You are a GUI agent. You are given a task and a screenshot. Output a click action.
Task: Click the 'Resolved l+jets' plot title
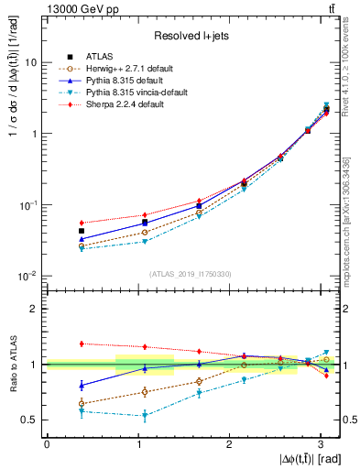pyautogui.click(x=189, y=35)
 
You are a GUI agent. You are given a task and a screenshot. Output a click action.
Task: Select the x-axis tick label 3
pyautogui.click(x=320, y=443)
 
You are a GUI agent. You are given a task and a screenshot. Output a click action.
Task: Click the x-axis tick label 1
pyautogui.click(x=137, y=443)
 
